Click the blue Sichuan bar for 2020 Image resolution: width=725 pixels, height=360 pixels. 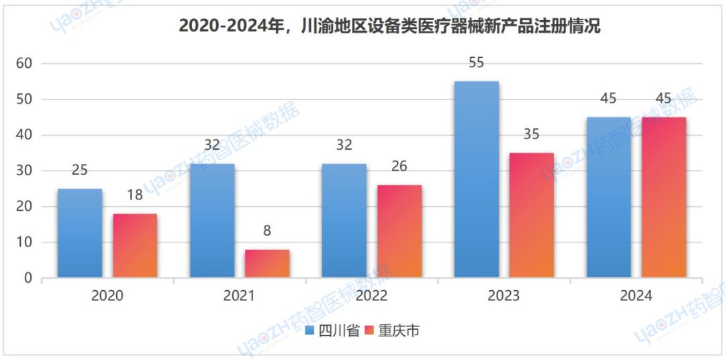[80, 233]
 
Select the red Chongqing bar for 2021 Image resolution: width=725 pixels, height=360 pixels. [267, 263]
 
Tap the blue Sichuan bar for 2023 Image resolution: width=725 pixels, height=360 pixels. [477, 179]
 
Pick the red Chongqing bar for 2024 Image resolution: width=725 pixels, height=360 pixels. [664, 197]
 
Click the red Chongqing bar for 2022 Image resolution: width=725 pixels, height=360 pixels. [399, 231]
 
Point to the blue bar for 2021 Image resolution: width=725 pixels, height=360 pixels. [212, 220]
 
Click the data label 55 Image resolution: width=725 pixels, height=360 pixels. [476, 63]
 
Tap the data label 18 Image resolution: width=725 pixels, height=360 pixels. [135, 196]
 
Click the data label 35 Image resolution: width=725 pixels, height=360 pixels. [531, 135]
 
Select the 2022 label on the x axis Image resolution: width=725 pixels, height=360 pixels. [371, 296]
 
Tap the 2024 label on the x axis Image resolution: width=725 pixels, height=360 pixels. [636, 296]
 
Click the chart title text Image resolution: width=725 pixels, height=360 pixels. [389, 27]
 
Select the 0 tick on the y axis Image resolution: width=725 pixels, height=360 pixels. [28, 278]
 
